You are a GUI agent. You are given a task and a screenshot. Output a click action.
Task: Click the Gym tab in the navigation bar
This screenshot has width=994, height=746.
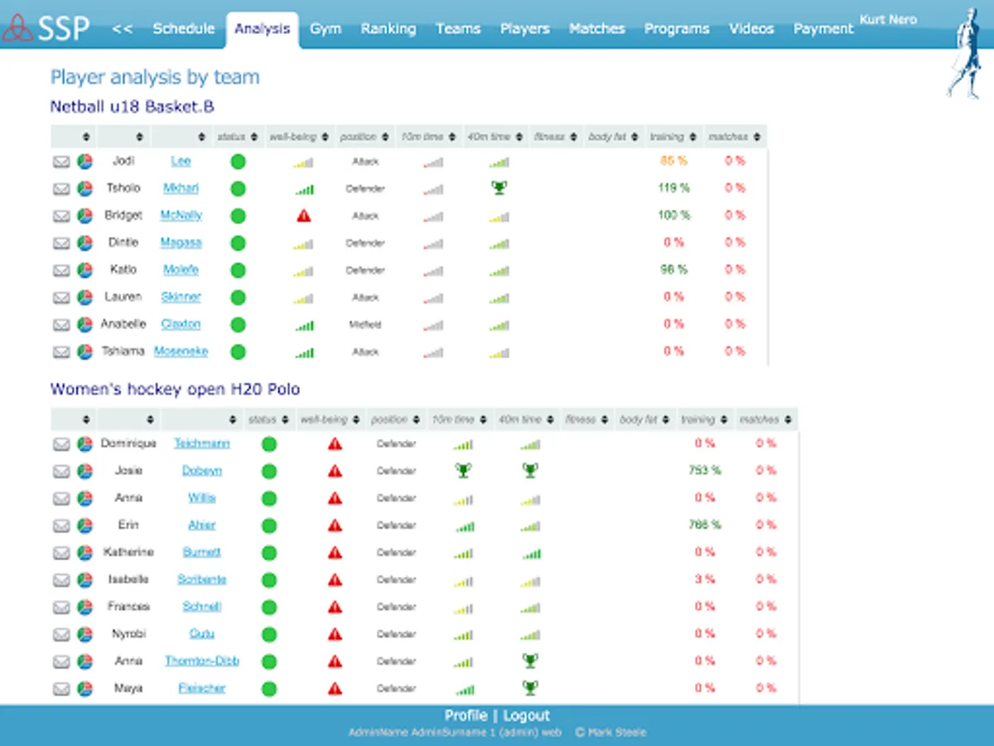click(x=326, y=28)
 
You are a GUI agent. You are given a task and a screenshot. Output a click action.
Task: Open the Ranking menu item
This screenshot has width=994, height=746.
click(x=388, y=28)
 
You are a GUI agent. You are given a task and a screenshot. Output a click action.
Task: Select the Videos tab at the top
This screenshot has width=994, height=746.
click(x=750, y=28)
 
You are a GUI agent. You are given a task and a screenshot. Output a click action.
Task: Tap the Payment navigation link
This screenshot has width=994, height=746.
click(x=823, y=28)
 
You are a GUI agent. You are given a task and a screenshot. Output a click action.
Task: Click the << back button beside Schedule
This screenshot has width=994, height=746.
click(x=123, y=28)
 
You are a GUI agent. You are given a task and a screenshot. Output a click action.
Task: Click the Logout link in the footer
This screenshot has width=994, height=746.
click(x=526, y=715)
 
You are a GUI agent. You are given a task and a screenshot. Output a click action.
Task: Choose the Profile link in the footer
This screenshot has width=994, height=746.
click(x=466, y=715)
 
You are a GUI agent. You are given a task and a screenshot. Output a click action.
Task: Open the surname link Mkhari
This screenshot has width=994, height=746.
click(x=181, y=188)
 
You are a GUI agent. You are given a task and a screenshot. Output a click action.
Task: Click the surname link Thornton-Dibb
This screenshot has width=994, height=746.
click(x=202, y=661)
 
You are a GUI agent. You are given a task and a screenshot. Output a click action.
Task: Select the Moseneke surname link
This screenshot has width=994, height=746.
click(x=181, y=351)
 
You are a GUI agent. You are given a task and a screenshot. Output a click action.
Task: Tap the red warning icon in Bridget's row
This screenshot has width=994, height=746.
click(x=304, y=216)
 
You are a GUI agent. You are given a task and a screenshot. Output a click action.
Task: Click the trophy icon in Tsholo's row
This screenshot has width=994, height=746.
click(x=499, y=188)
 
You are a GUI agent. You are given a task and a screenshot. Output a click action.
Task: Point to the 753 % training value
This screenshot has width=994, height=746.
click(x=705, y=470)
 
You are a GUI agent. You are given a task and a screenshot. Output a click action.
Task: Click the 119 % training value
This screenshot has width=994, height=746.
click(x=673, y=188)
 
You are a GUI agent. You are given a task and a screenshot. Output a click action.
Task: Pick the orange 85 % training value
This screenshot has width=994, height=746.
click(x=673, y=161)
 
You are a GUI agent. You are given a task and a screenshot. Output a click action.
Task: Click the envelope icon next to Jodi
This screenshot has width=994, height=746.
click(x=61, y=162)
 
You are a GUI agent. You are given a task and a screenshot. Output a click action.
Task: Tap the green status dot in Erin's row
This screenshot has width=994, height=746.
click(x=268, y=525)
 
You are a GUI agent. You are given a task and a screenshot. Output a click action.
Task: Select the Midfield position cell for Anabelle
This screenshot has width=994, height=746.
click(x=365, y=325)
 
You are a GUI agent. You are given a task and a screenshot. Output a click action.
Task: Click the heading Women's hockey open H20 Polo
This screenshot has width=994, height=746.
click(x=175, y=389)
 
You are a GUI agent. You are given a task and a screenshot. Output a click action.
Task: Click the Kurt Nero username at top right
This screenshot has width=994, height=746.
click(x=888, y=19)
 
